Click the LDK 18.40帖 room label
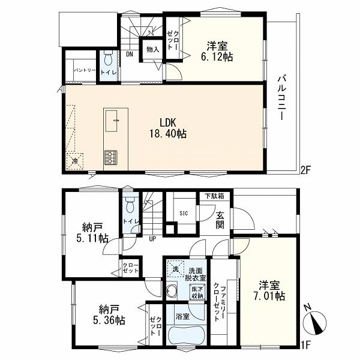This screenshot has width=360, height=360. point(168,128)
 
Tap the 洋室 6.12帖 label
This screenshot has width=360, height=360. point(217,51)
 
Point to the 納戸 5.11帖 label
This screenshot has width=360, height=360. point(92,233)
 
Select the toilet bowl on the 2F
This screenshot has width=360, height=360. point(108,58)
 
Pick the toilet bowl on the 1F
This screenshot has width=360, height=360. point(130,205)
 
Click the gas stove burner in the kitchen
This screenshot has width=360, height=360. point(111,157)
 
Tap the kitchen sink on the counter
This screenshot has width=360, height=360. point(112,121)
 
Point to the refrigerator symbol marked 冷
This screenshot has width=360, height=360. point(75,161)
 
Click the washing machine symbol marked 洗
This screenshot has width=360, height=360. point(175,269)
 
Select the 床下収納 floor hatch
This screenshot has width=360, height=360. point(197,292)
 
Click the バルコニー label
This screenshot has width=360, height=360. point(282,98)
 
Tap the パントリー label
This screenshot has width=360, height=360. point(85,70)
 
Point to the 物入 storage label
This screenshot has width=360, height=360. point(152,49)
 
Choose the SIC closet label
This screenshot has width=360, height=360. point(184,214)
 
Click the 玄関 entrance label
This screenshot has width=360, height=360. point(220,221)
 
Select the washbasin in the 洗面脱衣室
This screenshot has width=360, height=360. point(171,290)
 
